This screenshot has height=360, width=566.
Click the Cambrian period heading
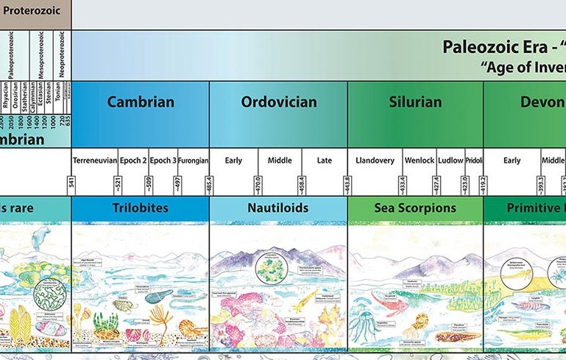coord(141,102)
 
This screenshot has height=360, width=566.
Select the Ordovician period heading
coord(279,102)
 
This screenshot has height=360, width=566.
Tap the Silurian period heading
coord(415,102)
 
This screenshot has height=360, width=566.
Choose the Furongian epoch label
coord(193,160)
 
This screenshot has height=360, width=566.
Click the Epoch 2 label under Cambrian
coord(132,160)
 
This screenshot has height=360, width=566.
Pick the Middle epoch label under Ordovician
coord(279,160)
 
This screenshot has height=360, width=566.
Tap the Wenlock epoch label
coord(419,160)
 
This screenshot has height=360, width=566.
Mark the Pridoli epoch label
coord(473,160)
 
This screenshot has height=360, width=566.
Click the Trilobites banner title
coord(141,208)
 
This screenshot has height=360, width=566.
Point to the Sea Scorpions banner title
coord(415,208)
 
